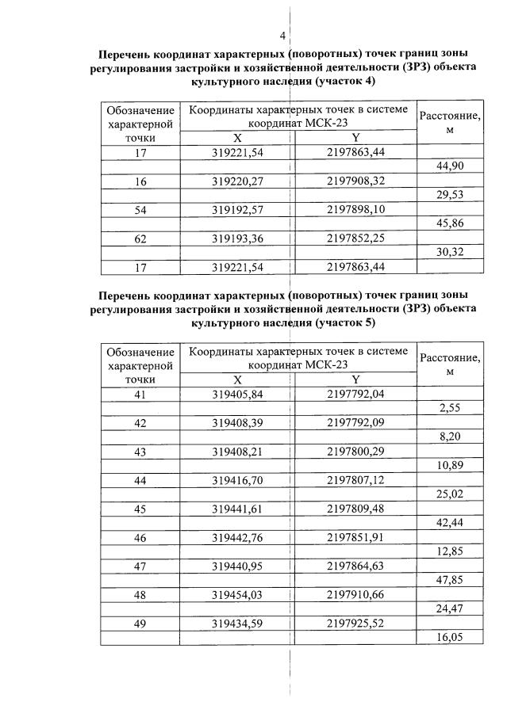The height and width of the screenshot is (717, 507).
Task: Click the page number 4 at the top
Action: tap(282, 36)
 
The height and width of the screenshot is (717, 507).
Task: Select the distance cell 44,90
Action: tap(450, 166)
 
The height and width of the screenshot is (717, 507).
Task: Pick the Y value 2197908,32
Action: tap(355, 181)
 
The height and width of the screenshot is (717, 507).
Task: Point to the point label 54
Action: tap(140, 210)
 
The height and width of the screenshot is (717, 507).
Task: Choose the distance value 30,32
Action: tap(450, 253)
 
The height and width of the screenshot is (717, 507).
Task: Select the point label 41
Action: tap(140, 394)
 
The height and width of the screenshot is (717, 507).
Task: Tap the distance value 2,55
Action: tap(450, 408)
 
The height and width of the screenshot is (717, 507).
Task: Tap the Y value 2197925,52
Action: tap(355, 624)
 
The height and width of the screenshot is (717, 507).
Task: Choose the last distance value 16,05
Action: tap(450, 637)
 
